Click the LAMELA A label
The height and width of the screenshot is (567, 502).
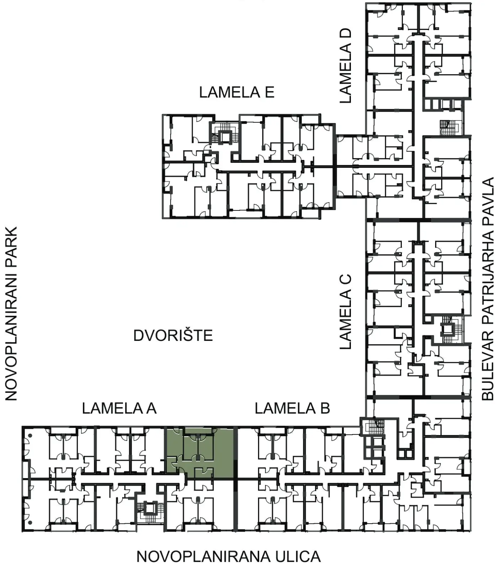(119, 408)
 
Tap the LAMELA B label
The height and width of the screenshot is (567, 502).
(292, 408)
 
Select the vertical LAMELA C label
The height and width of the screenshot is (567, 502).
(346, 312)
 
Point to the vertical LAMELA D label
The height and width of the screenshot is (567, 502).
(346, 66)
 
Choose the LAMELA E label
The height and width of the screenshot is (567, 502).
(236, 92)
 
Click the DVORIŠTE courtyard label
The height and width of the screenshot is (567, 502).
(173, 336)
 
